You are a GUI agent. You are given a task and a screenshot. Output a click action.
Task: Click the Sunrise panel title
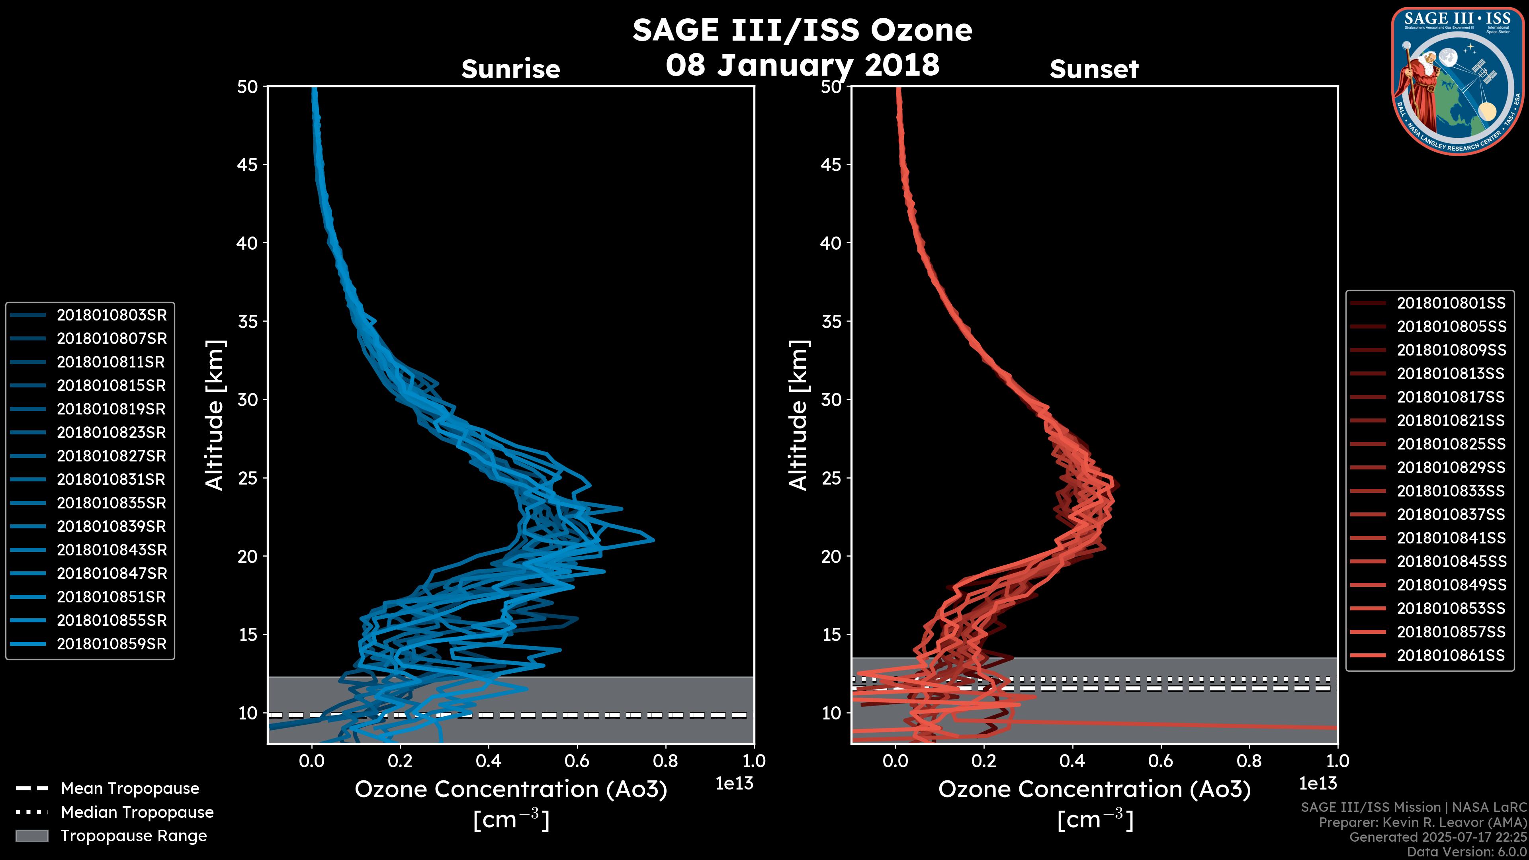point(510,69)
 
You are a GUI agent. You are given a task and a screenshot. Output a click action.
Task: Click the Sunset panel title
point(1094,69)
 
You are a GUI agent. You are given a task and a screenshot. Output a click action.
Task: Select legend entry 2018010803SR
point(89,315)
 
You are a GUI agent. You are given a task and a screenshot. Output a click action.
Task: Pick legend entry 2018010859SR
point(89,644)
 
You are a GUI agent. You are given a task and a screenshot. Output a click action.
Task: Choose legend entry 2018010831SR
point(89,479)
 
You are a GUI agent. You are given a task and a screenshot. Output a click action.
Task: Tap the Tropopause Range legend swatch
point(31,836)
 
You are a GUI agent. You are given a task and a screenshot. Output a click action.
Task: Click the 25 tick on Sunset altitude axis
point(831,478)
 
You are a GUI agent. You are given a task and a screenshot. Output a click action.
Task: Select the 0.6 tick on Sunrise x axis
point(577,761)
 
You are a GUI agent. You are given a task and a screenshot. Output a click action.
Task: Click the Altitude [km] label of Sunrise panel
point(215,415)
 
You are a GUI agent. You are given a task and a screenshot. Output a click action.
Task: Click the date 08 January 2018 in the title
point(802,64)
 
